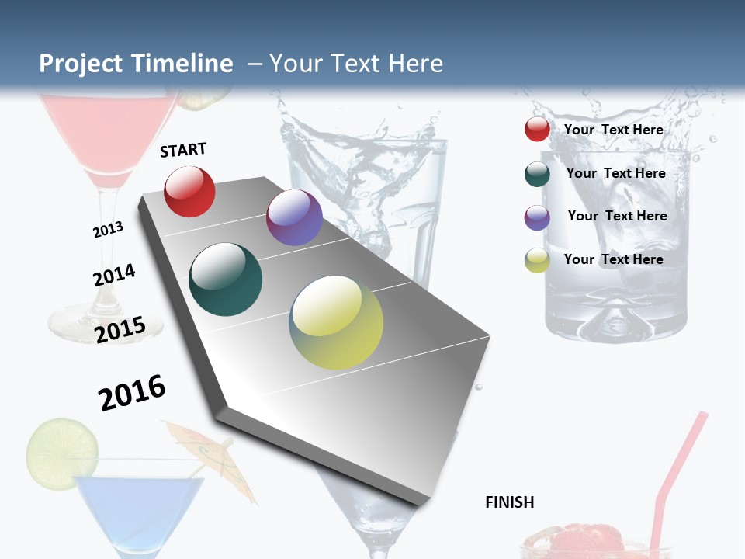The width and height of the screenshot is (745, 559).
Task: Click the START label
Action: pyautogui.click(x=183, y=150)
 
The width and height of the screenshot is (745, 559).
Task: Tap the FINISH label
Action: pyautogui.click(x=509, y=502)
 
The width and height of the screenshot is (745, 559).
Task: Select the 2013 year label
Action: pyautogui.click(x=108, y=230)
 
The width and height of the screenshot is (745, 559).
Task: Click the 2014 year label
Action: pyautogui.click(x=114, y=275)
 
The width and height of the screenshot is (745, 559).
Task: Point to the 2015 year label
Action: pyautogui.click(x=120, y=330)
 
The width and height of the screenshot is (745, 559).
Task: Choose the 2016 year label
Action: pyautogui.click(x=132, y=392)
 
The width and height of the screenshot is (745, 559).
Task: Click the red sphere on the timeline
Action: pyautogui.click(x=189, y=191)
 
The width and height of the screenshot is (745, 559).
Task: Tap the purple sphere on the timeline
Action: pyautogui.click(x=294, y=217)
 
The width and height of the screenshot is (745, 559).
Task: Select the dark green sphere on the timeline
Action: pyautogui.click(x=226, y=279)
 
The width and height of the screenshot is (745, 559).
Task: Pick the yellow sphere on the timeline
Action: pyautogui.click(x=336, y=321)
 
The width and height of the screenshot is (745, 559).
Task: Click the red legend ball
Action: pyautogui.click(x=537, y=129)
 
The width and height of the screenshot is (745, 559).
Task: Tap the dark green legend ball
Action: pyautogui.click(x=537, y=174)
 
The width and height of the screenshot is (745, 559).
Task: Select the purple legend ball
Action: pyautogui.click(x=537, y=217)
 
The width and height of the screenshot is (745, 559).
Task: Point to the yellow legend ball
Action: pyautogui.click(x=537, y=260)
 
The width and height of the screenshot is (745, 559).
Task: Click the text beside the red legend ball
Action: pyautogui.click(x=613, y=130)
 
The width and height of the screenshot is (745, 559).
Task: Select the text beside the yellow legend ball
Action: pyautogui.click(x=613, y=259)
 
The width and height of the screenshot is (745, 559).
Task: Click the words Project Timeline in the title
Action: pyautogui.click(x=136, y=64)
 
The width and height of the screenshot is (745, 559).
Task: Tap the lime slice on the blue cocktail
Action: pyautogui.click(x=62, y=450)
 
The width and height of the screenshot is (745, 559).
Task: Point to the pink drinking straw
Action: pyautogui.click(x=683, y=466)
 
